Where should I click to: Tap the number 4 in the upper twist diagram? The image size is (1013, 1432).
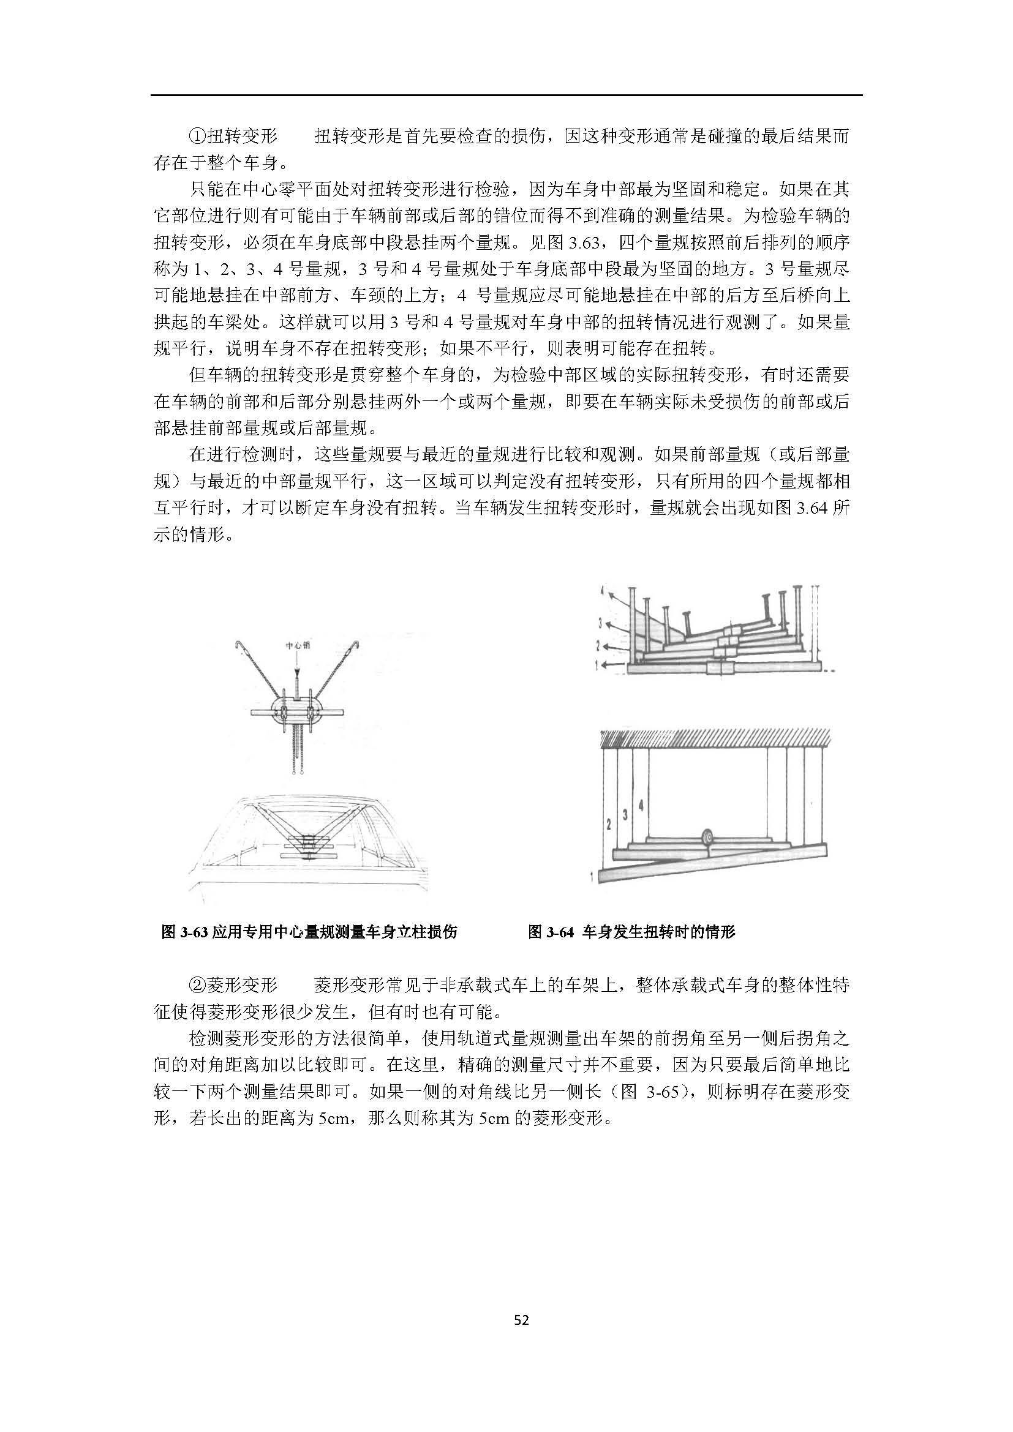click(602, 590)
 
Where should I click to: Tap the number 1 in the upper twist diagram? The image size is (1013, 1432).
click(597, 667)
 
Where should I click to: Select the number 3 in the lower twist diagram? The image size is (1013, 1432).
click(625, 815)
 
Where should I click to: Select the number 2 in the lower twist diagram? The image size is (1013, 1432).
click(608, 825)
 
